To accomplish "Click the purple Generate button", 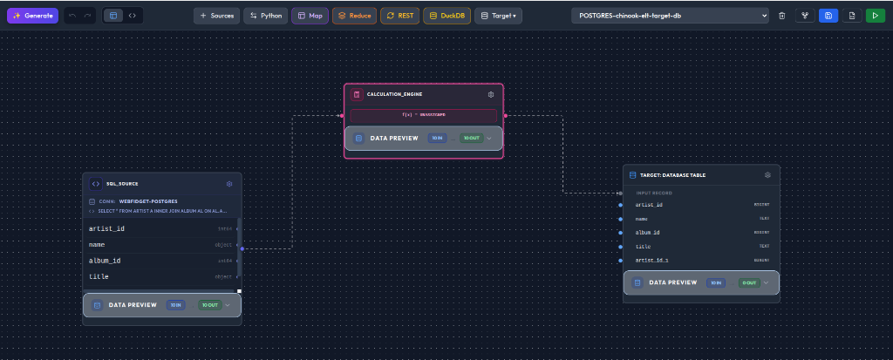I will [32, 16].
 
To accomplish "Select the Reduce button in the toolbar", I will [354, 16].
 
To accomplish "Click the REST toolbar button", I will [400, 16].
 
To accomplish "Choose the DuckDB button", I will [446, 16].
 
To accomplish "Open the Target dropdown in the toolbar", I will [498, 16].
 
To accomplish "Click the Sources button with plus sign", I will [216, 16].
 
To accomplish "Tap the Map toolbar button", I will [310, 16].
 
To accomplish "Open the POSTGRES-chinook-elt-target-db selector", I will [670, 16].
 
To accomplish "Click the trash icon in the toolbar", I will [781, 16].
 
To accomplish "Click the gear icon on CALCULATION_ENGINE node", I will [491, 94].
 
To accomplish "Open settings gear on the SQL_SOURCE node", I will [229, 184].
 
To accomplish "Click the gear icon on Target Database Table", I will [767, 175].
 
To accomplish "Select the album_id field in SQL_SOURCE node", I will [105, 261].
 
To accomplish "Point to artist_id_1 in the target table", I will [651, 261].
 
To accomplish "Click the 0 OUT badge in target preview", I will [748, 282].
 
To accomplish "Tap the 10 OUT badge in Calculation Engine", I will [471, 138].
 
